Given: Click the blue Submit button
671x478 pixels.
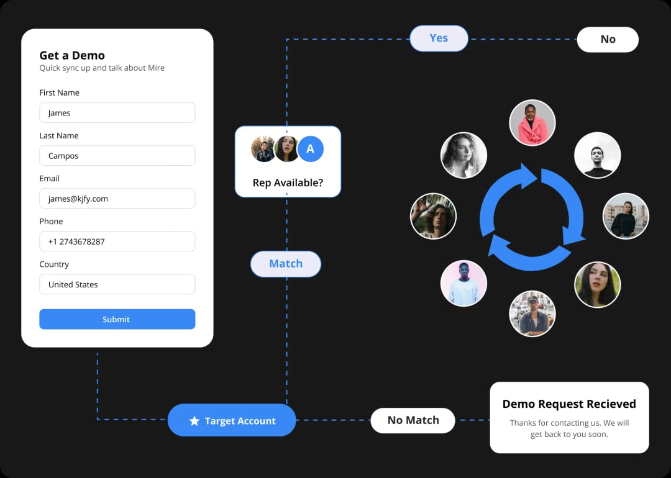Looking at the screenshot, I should tap(117, 319).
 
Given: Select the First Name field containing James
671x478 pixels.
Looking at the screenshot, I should tap(117, 113).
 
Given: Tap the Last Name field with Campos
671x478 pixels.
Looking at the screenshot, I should tap(117, 156).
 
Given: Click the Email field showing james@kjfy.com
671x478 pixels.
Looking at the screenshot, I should tap(117, 199).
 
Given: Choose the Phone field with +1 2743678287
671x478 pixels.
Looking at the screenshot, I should tap(117, 241).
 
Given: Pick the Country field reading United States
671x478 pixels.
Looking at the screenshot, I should tap(117, 284).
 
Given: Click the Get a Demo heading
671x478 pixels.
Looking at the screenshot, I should tap(72, 55).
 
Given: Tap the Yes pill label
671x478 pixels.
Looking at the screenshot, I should tap(439, 38).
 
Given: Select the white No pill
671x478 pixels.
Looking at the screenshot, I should tap(608, 40).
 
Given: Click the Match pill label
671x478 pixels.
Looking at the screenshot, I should tap(286, 264).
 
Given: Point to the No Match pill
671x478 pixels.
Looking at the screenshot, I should tap(413, 420).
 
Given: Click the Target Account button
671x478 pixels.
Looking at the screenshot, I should tap(232, 420).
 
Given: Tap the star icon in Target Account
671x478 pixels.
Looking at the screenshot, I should tap(194, 421).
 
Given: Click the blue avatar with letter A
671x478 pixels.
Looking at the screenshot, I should tap(311, 149).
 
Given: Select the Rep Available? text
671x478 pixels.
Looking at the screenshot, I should tap(288, 183).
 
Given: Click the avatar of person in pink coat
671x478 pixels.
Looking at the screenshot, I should tap(532, 123).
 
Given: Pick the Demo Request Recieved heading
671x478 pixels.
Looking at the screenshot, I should tap(569, 404).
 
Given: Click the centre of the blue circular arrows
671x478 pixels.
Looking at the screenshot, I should tap(532, 217).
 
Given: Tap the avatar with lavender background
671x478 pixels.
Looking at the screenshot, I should tap(463, 283).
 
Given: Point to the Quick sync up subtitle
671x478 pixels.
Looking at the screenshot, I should tap(102, 68).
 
